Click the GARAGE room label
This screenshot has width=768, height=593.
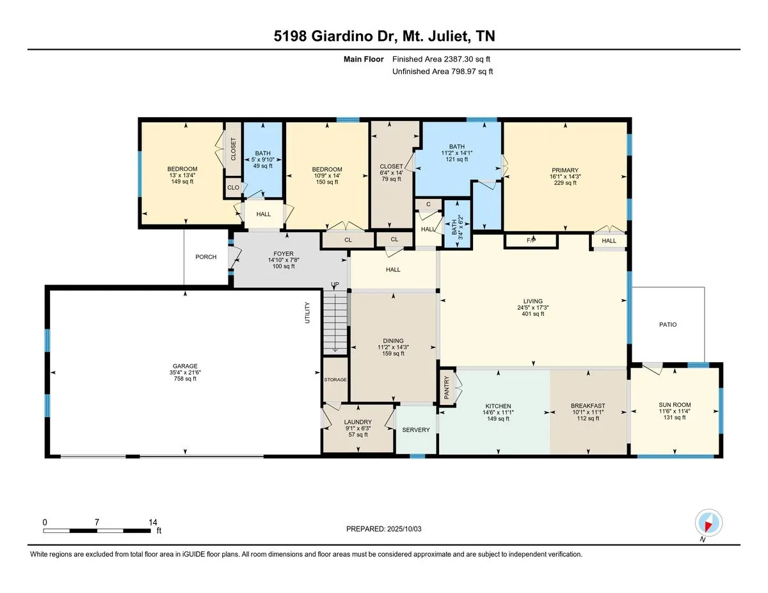pyautogui.click(x=185, y=366)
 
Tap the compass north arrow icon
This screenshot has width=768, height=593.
pyautogui.click(x=708, y=523)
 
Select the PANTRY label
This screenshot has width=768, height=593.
pyautogui.click(x=446, y=388)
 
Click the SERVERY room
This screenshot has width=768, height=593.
pyautogui.click(x=415, y=429)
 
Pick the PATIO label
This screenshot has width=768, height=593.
pyautogui.click(x=668, y=324)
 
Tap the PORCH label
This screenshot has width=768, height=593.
pyautogui.click(x=205, y=257)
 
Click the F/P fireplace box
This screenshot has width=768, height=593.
pyautogui.click(x=531, y=241)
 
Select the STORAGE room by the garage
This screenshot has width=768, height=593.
pyautogui.click(x=335, y=379)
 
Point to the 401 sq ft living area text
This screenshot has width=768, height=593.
pyautogui.click(x=532, y=313)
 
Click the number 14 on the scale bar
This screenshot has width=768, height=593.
pyautogui.click(x=153, y=522)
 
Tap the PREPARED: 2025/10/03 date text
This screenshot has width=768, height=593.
pyautogui.click(x=384, y=529)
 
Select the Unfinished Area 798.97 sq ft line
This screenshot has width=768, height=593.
pyautogui.click(x=442, y=72)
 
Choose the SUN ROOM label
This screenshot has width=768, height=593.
pyautogui.click(x=675, y=405)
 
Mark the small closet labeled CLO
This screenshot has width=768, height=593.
pyautogui.click(x=233, y=187)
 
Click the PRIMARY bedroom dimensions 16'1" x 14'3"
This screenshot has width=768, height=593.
pyautogui.click(x=565, y=177)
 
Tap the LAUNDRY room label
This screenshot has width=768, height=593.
pyautogui.click(x=358, y=422)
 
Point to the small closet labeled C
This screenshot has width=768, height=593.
pyautogui.click(x=428, y=204)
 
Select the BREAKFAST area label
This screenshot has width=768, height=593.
pyautogui.click(x=588, y=406)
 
